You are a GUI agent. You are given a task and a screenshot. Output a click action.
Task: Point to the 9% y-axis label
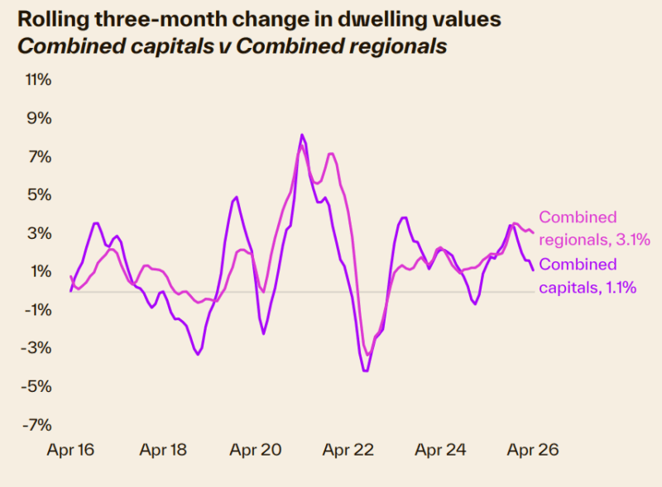41,118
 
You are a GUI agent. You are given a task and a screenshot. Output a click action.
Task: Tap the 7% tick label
41,156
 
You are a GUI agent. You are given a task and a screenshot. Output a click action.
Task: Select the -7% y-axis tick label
37,425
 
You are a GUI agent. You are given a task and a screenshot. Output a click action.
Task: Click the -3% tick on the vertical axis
37,348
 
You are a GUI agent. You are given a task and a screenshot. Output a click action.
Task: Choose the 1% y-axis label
41,271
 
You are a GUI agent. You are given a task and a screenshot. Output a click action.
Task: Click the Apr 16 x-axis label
70,451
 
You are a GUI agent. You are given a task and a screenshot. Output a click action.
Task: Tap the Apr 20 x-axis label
256,451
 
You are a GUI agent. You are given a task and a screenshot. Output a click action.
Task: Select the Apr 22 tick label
348,451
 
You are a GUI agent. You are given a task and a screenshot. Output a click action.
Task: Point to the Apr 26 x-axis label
533,451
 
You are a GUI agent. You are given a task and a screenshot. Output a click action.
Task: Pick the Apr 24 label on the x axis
440,451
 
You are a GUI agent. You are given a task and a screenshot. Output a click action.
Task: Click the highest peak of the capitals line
302,135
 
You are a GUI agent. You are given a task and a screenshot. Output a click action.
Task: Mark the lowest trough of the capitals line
365,371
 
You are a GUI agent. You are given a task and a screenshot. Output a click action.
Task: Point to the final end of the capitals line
532,270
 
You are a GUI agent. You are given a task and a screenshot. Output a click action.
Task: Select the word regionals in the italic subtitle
388,46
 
